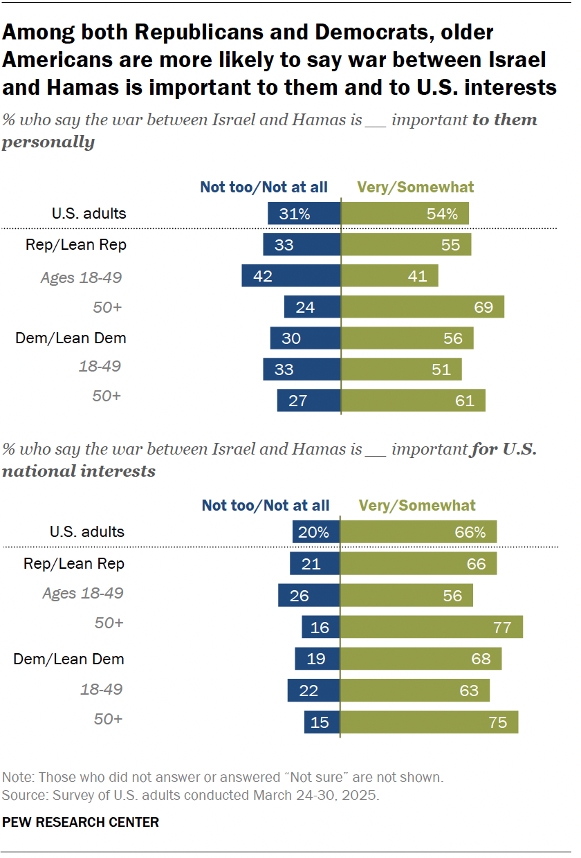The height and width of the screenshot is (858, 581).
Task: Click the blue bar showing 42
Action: [x=290, y=276]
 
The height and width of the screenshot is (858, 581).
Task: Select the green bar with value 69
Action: [x=423, y=307]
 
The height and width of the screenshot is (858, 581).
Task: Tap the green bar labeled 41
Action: [x=389, y=276]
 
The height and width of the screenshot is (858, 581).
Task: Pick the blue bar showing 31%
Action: [x=304, y=214]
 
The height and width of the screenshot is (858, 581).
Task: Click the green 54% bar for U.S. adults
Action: [x=405, y=214]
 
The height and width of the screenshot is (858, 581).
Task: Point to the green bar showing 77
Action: [x=432, y=627]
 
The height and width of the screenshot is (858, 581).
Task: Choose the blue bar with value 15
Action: [x=322, y=722]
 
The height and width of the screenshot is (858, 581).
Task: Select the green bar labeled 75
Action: [x=429, y=722]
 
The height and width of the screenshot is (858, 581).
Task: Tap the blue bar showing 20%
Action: [x=316, y=532]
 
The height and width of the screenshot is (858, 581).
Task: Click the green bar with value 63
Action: [x=415, y=690]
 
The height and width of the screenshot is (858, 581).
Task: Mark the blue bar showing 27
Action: [x=308, y=400]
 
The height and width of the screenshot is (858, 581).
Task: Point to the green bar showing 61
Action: [x=413, y=400]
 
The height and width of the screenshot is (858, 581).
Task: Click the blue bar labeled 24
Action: [x=312, y=307]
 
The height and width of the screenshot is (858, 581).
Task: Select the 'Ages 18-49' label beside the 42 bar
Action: [x=82, y=277]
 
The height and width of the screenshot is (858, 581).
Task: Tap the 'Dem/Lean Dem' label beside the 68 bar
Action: [x=69, y=659]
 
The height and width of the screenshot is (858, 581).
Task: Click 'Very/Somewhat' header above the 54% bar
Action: [x=415, y=187]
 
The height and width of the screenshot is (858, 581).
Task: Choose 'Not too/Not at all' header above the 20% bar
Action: [x=266, y=506]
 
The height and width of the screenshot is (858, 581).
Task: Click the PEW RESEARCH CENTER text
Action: [x=81, y=822]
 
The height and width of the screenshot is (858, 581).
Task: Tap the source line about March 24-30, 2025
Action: [x=191, y=795]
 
